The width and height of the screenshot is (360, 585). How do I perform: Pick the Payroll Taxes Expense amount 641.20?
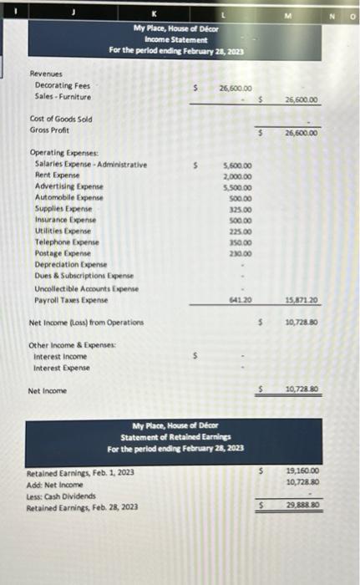(x=241, y=298)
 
